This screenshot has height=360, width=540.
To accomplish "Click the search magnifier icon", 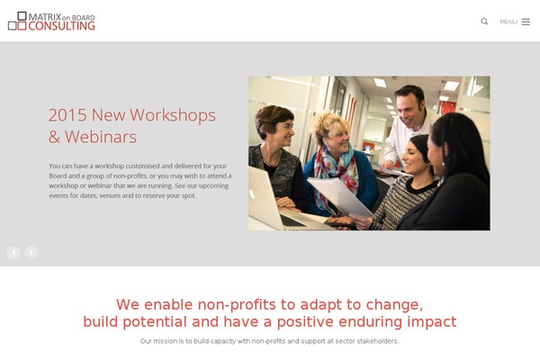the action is click(484, 22).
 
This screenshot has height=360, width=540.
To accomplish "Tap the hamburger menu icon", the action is click(526, 22).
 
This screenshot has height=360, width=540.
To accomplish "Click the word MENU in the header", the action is click(508, 22).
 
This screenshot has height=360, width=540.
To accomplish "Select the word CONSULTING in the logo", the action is click(61, 26).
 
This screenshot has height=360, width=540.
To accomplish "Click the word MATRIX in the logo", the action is click(45, 16).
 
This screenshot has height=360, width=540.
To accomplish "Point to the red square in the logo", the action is click(22, 26).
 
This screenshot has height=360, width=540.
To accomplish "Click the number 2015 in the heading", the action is click(67, 115).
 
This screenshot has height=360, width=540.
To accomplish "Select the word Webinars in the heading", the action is click(101, 137).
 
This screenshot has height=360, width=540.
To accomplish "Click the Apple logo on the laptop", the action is click(252, 193).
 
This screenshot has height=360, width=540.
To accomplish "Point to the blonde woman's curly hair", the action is click(328, 125).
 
